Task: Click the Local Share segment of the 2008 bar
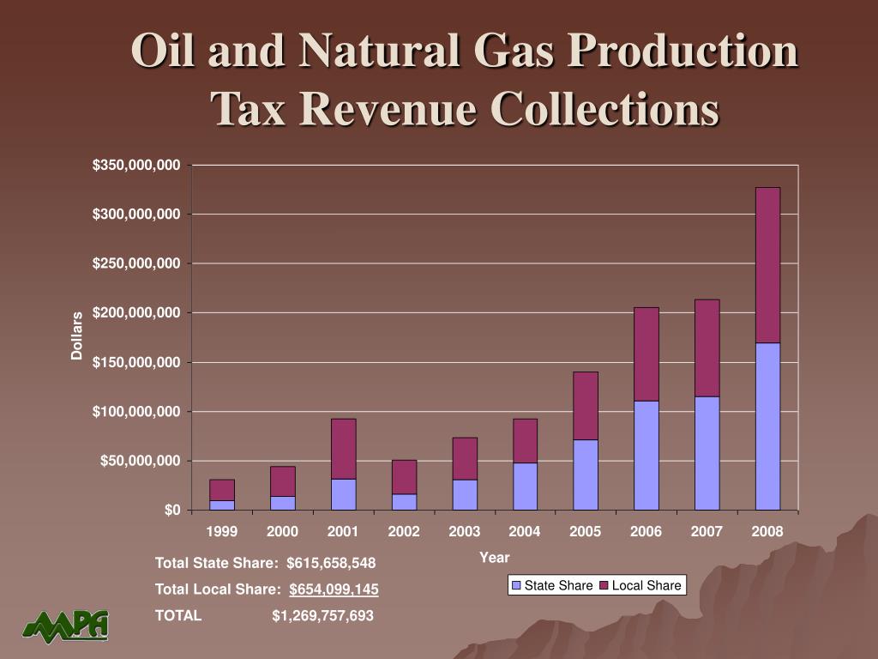(x=767, y=265)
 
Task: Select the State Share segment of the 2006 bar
(x=646, y=456)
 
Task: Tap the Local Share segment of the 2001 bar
(x=343, y=449)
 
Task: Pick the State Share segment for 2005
(x=586, y=475)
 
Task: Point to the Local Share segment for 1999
(x=222, y=490)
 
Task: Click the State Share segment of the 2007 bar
(x=707, y=453)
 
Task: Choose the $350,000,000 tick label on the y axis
(x=137, y=165)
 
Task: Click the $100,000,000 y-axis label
(x=137, y=412)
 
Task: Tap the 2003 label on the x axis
(x=465, y=532)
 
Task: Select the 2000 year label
(x=283, y=532)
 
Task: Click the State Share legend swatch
(x=516, y=586)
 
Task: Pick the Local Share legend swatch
(x=604, y=586)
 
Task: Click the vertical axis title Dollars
(x=77, y=336)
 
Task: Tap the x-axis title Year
(x=495, y=558)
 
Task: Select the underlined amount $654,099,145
(x=334, y=589)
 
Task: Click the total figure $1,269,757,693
(x=322, y=616)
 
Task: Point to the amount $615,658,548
(x=331, y=563)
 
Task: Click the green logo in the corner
(x=66, y=626)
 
